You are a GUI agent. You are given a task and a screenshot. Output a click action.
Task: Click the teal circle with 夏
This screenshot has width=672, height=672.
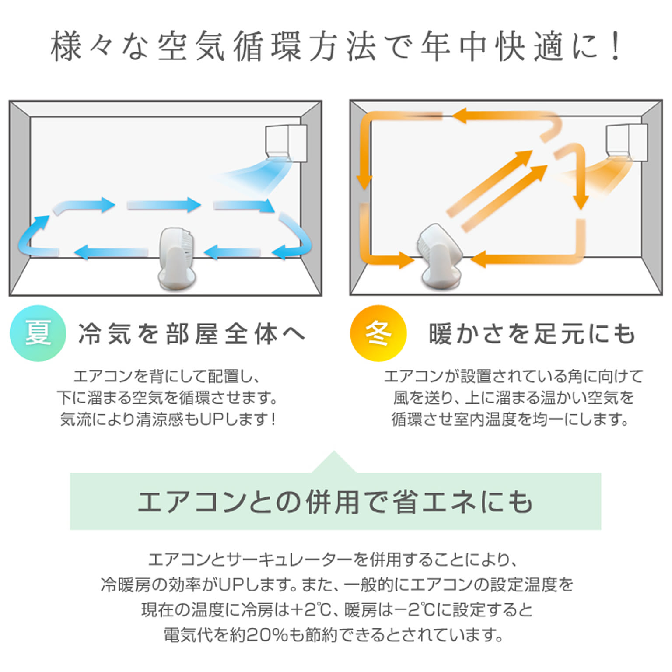pyautogui.click(x=38, y=333)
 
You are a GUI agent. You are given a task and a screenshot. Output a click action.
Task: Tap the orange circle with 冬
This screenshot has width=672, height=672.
pyautogui.click(x=378, y=333)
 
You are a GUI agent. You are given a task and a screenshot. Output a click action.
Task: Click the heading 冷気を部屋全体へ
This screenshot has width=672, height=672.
pyautogui.click(x=192, y=334)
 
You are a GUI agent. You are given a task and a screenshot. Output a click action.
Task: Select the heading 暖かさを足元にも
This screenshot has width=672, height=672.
pyautogui.click(x=532, y=334)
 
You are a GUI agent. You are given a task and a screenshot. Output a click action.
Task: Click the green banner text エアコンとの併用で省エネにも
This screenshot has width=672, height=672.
pyautogui.click(x=336, y=501)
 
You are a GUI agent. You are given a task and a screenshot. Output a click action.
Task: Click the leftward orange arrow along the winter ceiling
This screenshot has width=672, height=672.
pyautogui.click(x=503, y=116)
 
